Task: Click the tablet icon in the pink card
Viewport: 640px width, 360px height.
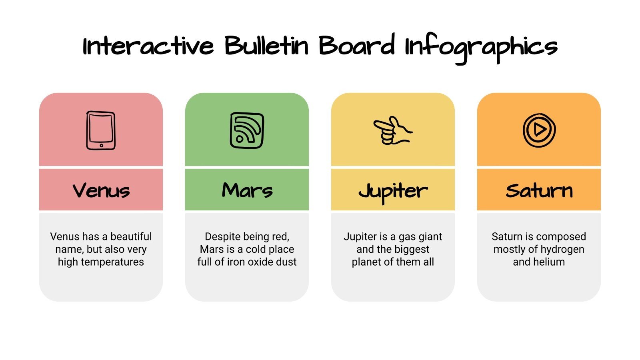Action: point(101,130)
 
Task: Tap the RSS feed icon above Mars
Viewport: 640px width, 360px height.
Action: point(247,130)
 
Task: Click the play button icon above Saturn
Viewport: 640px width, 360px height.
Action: point(539,130)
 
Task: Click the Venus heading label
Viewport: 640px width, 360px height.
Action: point(101,190)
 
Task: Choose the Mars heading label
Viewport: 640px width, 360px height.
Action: point(247,190)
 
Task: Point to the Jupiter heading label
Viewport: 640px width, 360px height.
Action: point(393,191)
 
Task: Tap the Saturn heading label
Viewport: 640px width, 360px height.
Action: point(539,190)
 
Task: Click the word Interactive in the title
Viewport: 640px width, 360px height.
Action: point(148,46)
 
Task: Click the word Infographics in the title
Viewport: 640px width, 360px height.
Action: point(481,47)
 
